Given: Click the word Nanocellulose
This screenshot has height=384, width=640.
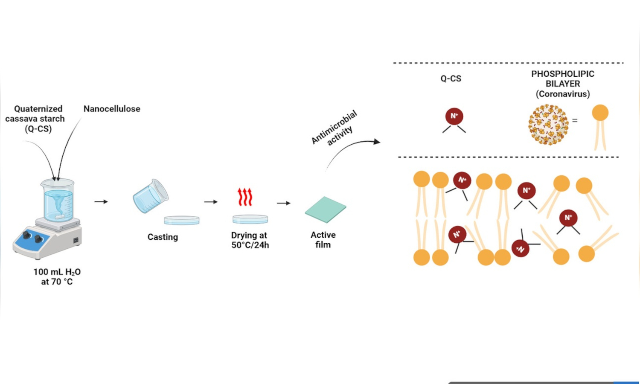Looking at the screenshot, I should coord(112,109).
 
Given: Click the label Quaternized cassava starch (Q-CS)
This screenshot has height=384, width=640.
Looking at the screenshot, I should coord(35,119).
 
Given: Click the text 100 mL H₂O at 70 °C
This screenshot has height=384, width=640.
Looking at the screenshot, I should coord(57,276).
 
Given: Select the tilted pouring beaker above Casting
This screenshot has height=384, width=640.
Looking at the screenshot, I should coord(150,196).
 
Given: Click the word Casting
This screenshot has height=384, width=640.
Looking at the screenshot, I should coord(163,237).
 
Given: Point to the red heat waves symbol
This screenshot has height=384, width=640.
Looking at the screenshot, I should coord(245,197).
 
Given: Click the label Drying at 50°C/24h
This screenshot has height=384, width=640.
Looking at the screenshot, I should coord(250,240).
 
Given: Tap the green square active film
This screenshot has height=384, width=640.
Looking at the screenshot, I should coord(325,209).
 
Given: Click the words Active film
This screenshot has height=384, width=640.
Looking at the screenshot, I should coord(323,240).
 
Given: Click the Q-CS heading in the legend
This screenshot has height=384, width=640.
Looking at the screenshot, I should coord(451,79).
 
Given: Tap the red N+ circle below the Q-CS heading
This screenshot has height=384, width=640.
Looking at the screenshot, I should coord(454,116).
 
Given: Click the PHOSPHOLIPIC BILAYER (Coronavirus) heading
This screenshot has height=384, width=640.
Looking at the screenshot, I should coord(563,84).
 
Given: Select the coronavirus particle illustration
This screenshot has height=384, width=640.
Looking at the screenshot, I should coord(549,125).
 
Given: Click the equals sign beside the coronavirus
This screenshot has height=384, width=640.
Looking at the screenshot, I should coord(575,121).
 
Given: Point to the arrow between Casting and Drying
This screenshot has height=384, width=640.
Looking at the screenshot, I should coord(211,202).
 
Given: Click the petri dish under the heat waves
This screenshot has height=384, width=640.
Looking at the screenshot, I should coord(250,219).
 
